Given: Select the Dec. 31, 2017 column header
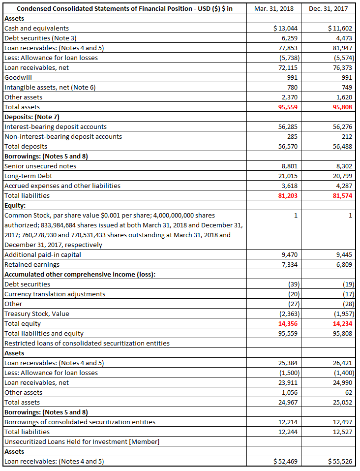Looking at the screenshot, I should pos(328,8).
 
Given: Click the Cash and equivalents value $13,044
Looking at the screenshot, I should pos(285,28).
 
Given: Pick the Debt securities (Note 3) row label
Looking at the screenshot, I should pos(40,38).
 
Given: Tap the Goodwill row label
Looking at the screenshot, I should pos(18,77).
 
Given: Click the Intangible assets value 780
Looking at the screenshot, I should pos(292,87).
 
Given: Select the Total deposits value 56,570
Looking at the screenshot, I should pos(288,146).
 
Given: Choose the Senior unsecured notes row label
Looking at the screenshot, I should pos(40,166).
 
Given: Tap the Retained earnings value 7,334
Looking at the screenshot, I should pos(289,264).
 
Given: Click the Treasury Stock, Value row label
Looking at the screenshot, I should pos(37,314).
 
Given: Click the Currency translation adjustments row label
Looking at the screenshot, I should pos(55,294).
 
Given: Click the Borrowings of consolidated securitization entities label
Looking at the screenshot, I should pos(80,422).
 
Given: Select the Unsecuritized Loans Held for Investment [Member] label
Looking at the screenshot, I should pos(82,441).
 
